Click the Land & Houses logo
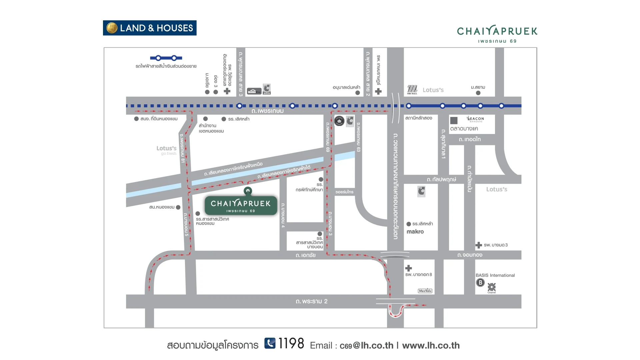[x=150, y=28]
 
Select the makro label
[x=415, y=232]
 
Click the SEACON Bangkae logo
[x=475, y=119]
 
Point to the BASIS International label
[x=495, y=275]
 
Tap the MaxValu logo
[x=425, y=291]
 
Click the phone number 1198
[x=291, y=344]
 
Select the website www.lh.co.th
[x=431, y=346]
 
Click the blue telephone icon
[x=270, y=343]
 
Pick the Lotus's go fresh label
[x=167, y=150]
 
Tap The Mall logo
[x=412, y=90]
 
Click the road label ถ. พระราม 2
[x=312, y=301]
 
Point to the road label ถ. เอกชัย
[x=306, y=255]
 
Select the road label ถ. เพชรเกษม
[x=268, y=111]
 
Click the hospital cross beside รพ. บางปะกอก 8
[x=408, y=268]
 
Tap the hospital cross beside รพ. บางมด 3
[x=479, y=245]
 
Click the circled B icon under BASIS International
[x=480, y=283]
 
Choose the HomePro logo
[x=254, y=91]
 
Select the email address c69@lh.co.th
[x=366, y=346]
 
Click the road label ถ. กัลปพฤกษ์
[x=441, y=179]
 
